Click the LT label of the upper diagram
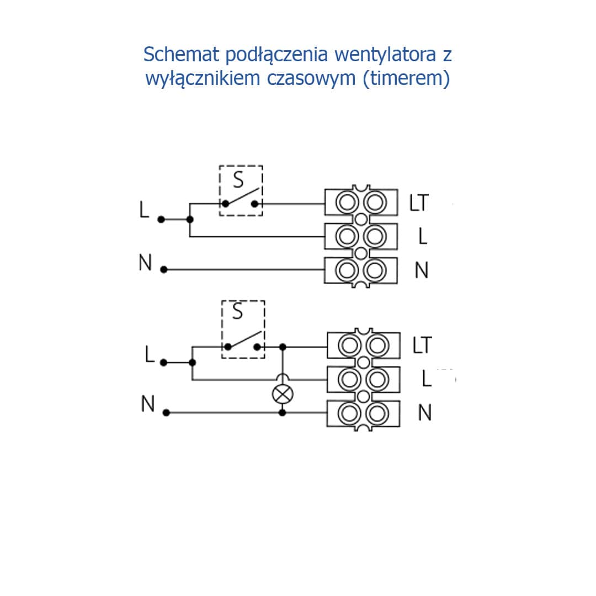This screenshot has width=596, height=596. pos(419,203)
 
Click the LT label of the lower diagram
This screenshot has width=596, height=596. pos(422,345)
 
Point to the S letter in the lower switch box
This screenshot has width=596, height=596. pos(238,312)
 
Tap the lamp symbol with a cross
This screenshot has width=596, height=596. pos(283,394)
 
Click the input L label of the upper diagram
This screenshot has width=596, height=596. pos(145,210)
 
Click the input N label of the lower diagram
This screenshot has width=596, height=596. pos(147,405)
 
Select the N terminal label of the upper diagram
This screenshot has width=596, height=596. pos(422,270)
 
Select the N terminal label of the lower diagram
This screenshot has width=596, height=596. pos(424,413)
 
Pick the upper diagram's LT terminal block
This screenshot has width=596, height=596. pos(361,203)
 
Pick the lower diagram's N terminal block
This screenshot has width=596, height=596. pos(363,413)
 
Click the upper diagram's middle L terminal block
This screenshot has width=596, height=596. pos(361,237)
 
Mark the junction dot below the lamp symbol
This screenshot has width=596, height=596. pos(283,412)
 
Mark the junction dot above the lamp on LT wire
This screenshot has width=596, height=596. pos(283,347)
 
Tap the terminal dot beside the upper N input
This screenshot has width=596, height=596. pos(163,270)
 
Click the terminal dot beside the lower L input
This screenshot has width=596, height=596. pos(163,363)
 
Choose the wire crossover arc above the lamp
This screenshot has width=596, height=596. pos(283,377)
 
